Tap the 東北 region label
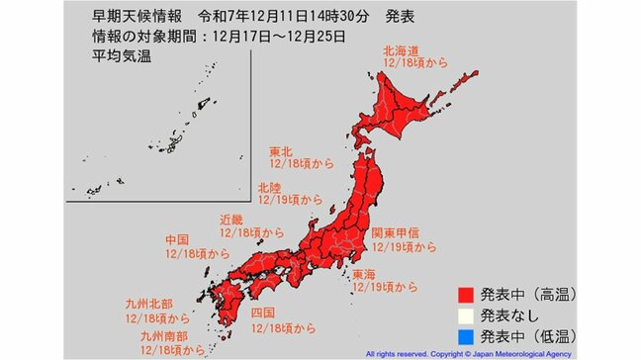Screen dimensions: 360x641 pyautogui.click(x=281, y=153)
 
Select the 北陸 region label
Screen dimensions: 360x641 pyautogui.click(x=268, y=186)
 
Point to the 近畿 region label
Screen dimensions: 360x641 pyautogui.click(x=230, y=219)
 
